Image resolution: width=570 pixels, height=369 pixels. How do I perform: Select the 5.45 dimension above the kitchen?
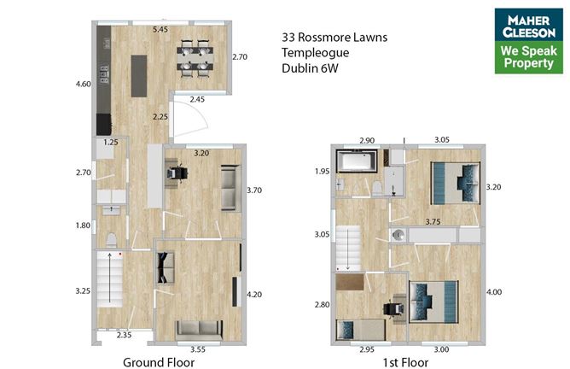pyautogui.click(x=160, y=31)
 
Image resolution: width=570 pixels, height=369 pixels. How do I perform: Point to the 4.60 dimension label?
pyautogui.click(x=83, y=85)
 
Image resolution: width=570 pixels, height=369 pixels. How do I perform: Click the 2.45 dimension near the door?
pyautogui.click(x=196, y=100)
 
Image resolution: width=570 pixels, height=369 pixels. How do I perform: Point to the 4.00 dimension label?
pyautogui.click(x=493, y=293)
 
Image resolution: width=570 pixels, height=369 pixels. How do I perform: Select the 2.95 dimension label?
pyautogui.click(x=365, y=348)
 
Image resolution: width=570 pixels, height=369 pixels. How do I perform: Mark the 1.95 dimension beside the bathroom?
pyautogui.click(x=322, y=172)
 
